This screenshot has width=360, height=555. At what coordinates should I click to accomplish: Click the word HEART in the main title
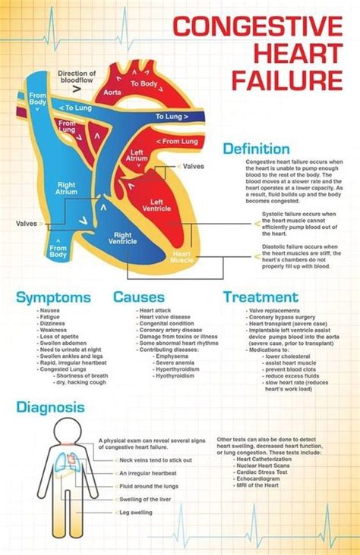click(300, 54)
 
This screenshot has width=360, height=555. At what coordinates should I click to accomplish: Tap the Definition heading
click(256, 149)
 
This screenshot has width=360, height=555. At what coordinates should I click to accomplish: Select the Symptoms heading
click(53, 297)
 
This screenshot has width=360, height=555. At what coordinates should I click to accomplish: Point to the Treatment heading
click(261, 297)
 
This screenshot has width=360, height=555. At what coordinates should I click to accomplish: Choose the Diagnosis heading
click(50, 408)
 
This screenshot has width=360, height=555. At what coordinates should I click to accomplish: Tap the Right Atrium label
click(68, 188)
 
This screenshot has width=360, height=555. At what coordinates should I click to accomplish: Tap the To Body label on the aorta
click(144, 84)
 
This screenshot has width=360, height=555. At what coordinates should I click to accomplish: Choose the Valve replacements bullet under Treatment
click(277, 311)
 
